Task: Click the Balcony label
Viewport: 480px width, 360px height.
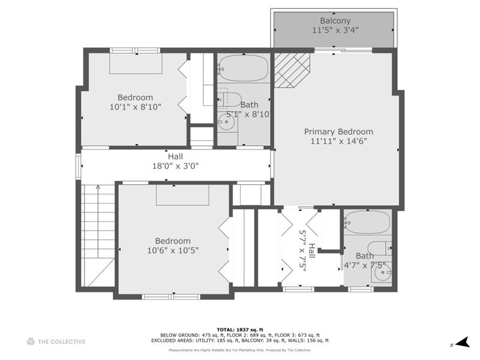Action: tap(335, 20)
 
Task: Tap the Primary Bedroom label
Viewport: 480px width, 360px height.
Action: tap(338, 131)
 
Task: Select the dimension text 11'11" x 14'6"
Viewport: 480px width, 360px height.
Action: tap(338, 142)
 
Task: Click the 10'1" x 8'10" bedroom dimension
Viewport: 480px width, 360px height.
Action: tap(135, 107)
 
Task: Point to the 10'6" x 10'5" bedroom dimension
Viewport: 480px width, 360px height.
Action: tap(172, 250)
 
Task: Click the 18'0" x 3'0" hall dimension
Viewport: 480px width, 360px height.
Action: tap(175, 166)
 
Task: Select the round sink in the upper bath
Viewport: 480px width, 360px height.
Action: tap(226, 124)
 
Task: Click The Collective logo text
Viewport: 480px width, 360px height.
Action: tap(62, 342)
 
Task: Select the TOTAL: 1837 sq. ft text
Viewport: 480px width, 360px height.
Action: tap(239, 329)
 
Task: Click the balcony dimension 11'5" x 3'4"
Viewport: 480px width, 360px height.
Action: tap(335, 29)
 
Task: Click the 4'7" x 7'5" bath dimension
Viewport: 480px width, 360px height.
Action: tap(364, 265)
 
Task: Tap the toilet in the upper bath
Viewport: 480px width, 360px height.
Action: tap(230, 98)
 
